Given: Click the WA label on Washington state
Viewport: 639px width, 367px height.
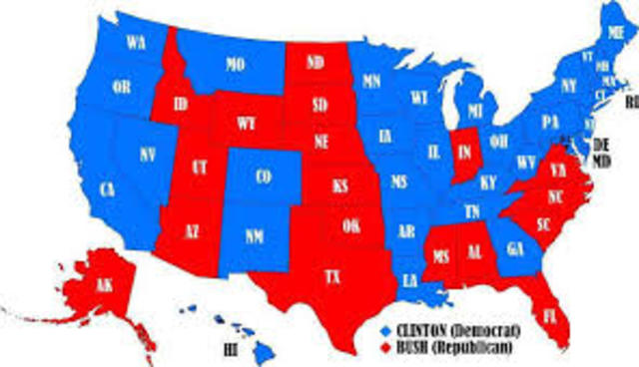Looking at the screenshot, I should [134, 44].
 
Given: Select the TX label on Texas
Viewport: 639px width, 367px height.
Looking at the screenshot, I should [331, 276].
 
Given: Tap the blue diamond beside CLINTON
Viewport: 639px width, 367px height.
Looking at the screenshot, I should [385, 328].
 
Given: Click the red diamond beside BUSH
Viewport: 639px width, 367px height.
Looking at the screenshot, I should [385, 346].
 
